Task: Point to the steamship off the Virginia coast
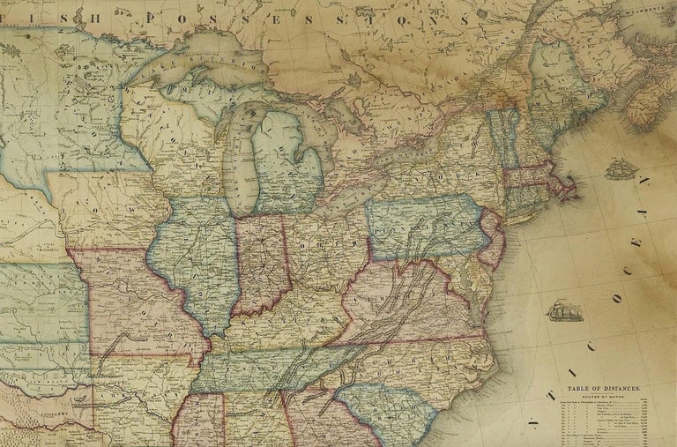tap(563, 310)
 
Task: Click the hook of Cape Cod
tap(574, 186)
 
